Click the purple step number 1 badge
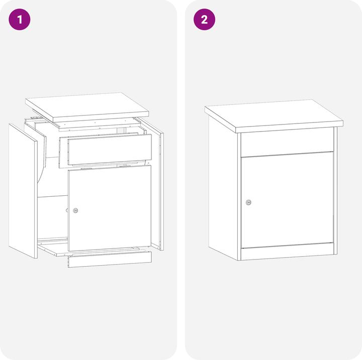[20, 20]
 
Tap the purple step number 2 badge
[204, 20]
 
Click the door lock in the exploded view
[75, 210]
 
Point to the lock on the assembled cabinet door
[248, 202]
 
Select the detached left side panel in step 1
[23, 191]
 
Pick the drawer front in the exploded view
[110, 149]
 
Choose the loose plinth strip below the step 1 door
[110, 259]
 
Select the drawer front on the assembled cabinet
[287, 142]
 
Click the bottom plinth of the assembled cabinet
[288, 251]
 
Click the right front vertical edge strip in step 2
[335, 191]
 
